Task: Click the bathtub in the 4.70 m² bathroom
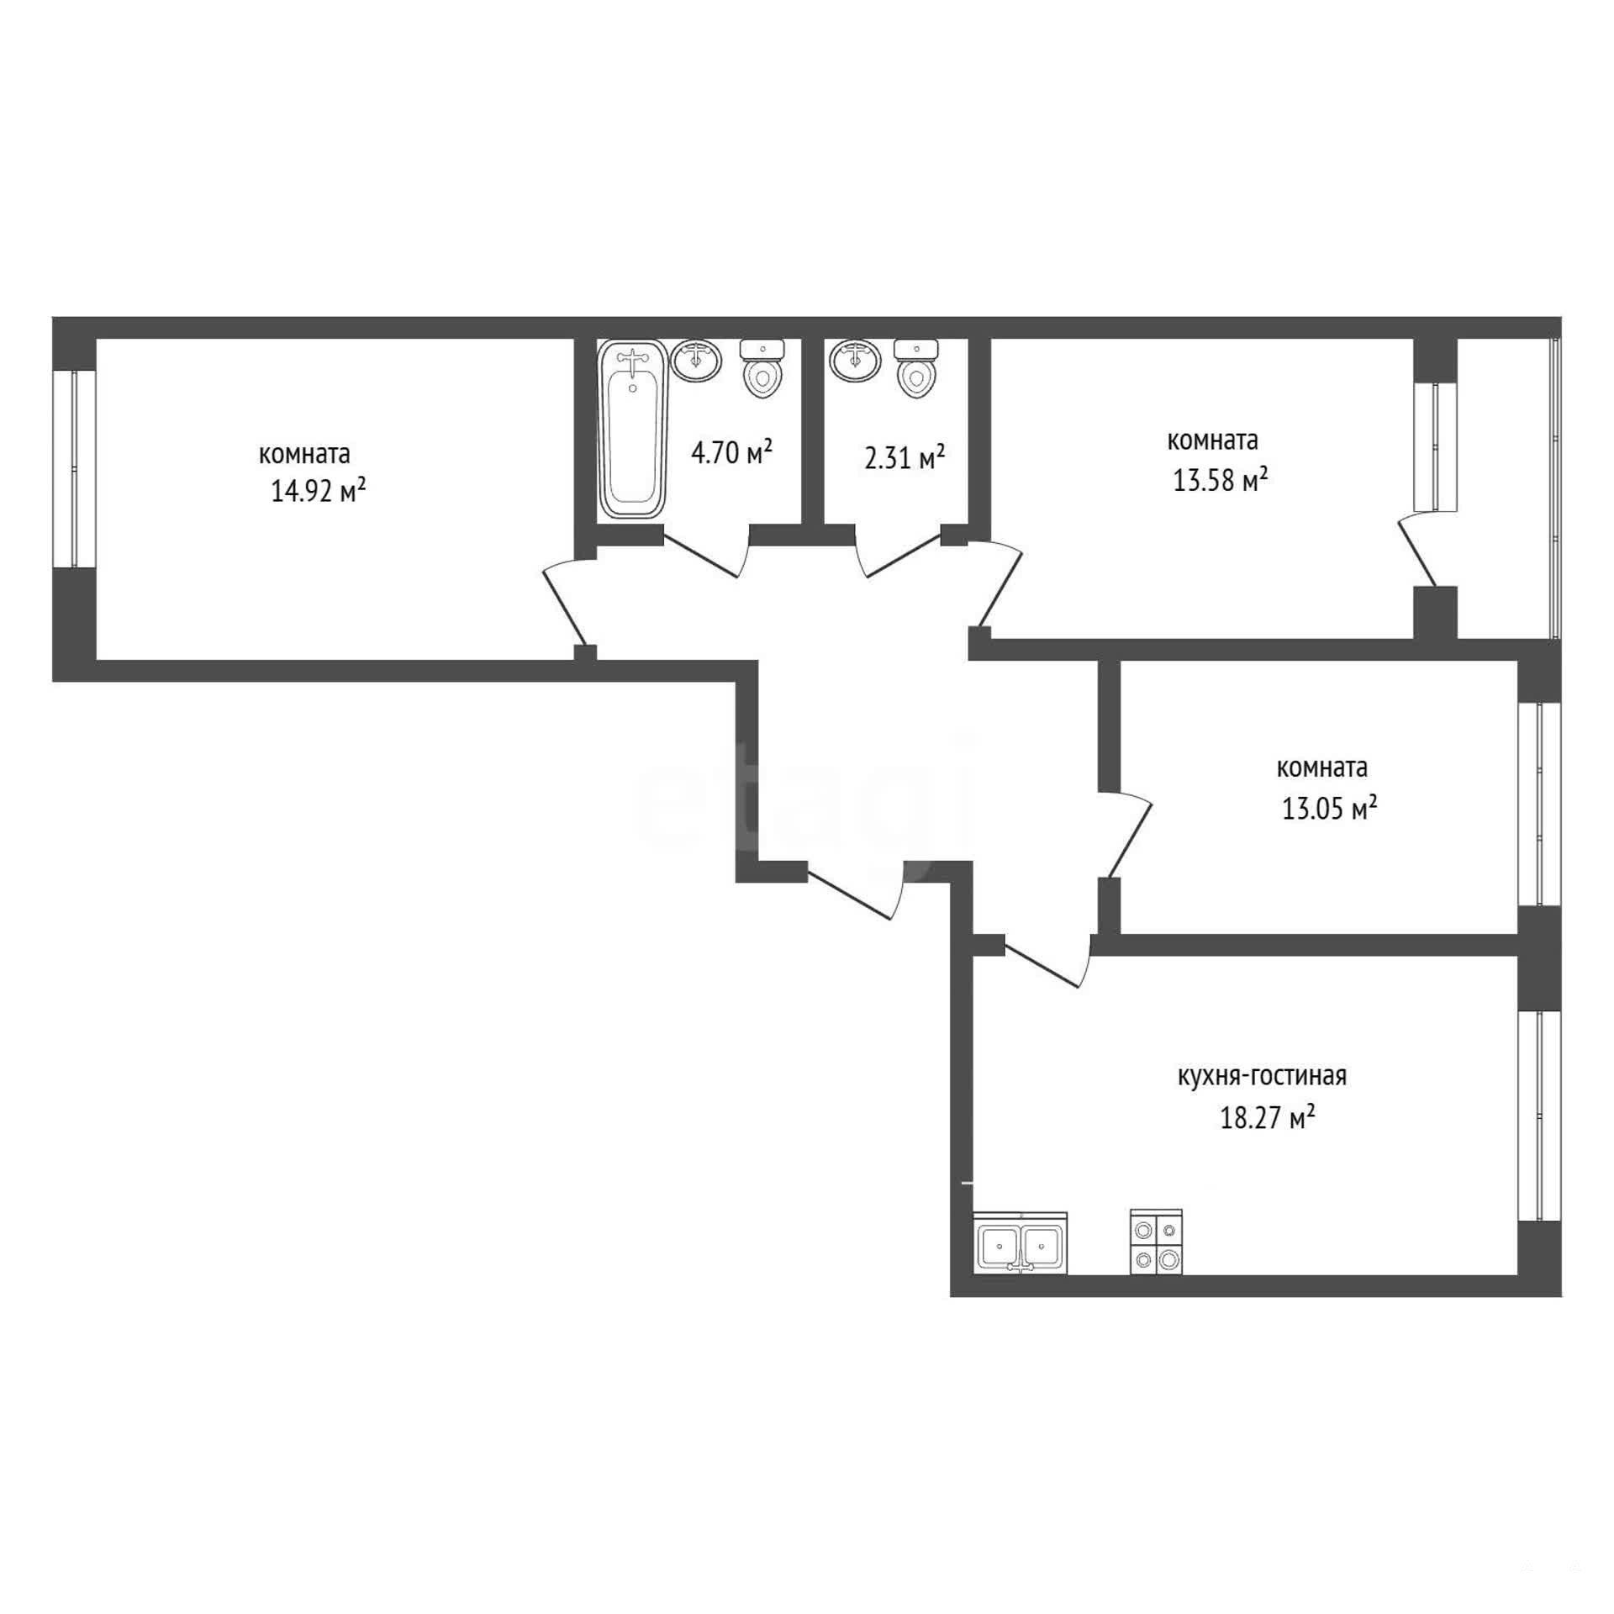632,430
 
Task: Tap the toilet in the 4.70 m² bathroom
762,368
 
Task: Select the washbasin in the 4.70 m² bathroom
697,360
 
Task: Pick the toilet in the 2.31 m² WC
916,368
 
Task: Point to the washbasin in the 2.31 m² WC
854,360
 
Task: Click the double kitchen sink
1021,1243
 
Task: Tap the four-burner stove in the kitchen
1157,1242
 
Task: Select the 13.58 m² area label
1220,480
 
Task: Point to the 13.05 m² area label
1329,808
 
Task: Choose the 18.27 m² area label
1268,1118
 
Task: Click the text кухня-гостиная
1262,1076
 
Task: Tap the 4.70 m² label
731,453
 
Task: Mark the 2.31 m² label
905,458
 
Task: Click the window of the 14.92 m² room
74,468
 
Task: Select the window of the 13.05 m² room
1539,804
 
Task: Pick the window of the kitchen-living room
1539,1116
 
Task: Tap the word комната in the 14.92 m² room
304,455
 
